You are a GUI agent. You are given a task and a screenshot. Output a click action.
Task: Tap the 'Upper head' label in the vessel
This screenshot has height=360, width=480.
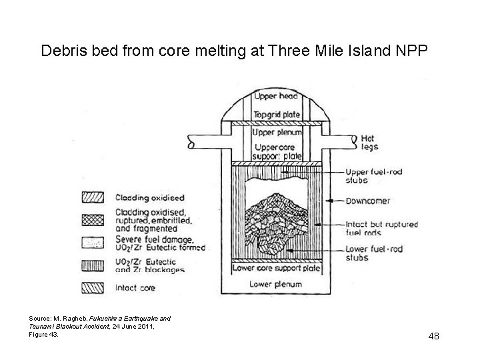277,97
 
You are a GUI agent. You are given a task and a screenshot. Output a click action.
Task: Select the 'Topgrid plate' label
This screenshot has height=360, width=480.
277,114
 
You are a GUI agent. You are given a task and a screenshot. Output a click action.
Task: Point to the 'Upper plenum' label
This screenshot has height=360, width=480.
277,132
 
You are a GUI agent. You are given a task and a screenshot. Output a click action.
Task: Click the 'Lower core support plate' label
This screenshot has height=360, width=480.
276,268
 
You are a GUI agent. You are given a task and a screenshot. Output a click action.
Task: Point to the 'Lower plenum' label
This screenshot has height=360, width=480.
276,285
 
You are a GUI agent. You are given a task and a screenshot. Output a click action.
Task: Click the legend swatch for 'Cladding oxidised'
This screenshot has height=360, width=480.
89,197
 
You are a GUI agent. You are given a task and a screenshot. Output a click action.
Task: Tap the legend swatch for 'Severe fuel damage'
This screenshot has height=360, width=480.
89,242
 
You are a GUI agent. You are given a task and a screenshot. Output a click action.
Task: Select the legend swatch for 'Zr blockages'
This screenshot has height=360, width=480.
89,266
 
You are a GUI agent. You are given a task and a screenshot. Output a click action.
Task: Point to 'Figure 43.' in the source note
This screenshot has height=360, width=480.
45,335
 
